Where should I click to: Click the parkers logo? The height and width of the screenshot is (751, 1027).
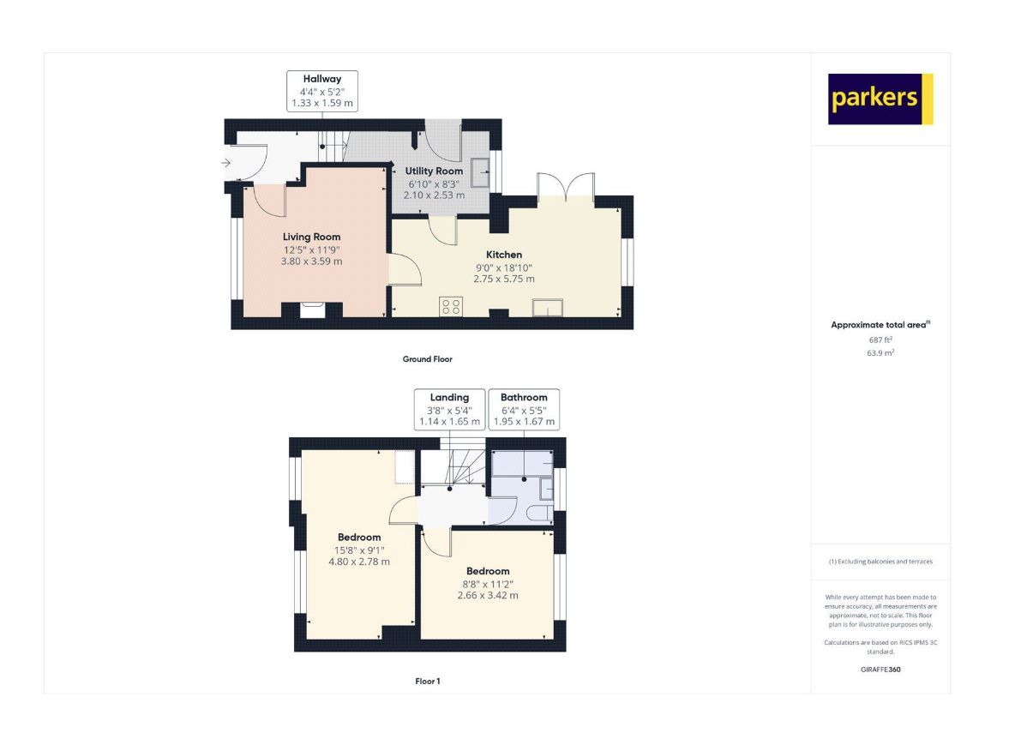880,99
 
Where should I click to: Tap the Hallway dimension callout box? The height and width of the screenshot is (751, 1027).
322,91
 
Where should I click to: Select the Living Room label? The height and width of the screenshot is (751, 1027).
312,237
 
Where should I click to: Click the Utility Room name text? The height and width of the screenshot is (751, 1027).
434,171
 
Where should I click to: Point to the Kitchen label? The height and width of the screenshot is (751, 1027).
504,255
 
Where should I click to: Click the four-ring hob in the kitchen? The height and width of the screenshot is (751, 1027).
451,306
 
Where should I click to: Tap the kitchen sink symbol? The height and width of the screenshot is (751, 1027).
548,307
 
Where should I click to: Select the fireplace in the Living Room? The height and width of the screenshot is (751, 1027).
312,309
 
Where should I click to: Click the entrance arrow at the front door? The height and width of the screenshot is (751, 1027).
226,163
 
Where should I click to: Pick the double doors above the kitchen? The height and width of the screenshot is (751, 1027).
566,186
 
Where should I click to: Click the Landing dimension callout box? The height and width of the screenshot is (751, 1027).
450,409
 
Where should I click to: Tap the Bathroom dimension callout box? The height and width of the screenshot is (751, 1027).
524,409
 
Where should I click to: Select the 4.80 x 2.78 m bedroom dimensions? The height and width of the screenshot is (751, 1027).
359,562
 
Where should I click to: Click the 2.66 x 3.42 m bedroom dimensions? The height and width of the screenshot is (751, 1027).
488,596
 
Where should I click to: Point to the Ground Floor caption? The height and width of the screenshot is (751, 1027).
428,359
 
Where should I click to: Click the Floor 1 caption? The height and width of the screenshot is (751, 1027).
428,682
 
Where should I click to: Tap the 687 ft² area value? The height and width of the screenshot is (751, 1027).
881,339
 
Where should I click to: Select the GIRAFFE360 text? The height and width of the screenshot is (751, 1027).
881,670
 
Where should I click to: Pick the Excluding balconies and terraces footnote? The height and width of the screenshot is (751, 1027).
881,562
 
